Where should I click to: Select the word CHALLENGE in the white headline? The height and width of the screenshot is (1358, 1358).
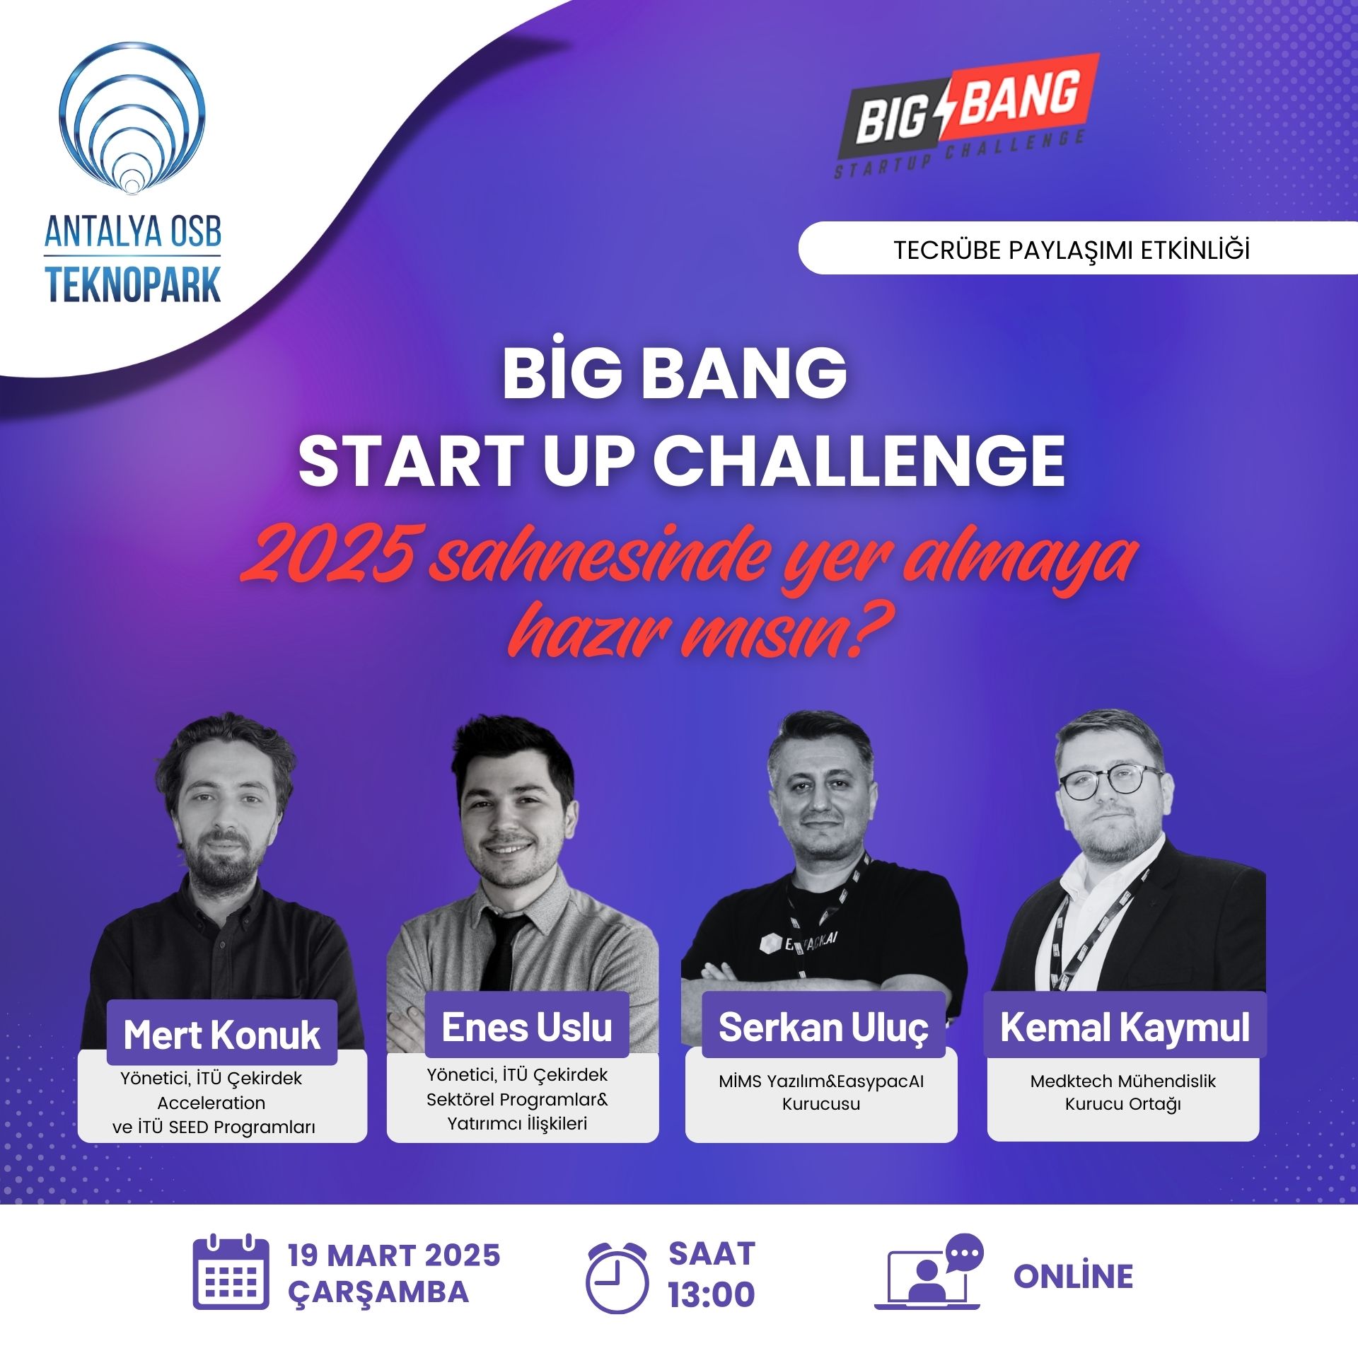coord(859,460)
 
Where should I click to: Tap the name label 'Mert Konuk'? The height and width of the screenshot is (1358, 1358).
coord(221,1035)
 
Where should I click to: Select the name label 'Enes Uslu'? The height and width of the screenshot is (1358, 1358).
coord(527,1026)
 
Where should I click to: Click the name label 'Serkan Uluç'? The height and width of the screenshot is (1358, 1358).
coord(823,1026)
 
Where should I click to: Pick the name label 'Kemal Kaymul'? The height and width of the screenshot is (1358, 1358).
coord(1125,1026)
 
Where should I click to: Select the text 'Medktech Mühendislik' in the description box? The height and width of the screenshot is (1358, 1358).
coord(1123,1081)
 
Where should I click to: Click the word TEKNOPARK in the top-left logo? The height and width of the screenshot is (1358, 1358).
coord(133,285)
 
